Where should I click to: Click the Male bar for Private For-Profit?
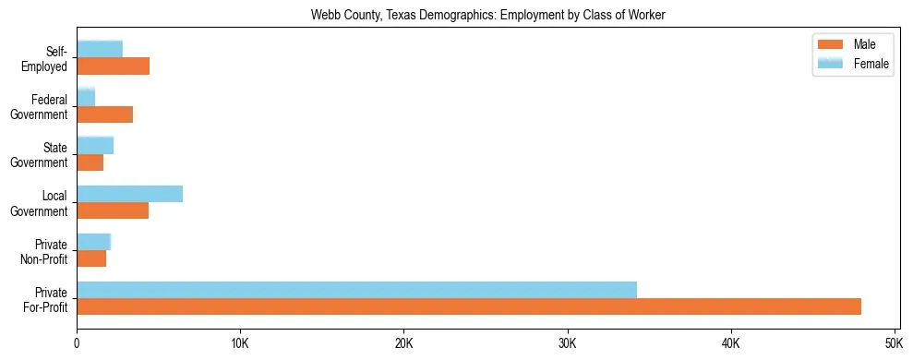[x=469, y=306]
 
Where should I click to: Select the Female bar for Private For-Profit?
[x=356, y=290]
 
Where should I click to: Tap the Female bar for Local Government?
[x=129, y=194]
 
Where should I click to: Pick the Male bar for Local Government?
[x=113, y=210]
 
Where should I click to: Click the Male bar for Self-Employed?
[x=113, y=66]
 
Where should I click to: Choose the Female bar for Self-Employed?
[x=100, y=49]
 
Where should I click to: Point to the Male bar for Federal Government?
[x=104, y=114]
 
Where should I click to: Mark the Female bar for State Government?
[x=95, y=145]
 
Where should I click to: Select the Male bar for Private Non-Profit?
[x=91, y=259]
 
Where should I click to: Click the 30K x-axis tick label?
[x=567, y=343]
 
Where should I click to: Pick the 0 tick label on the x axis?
[x=77, y=343]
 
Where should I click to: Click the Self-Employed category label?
[x=47, y=59]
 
